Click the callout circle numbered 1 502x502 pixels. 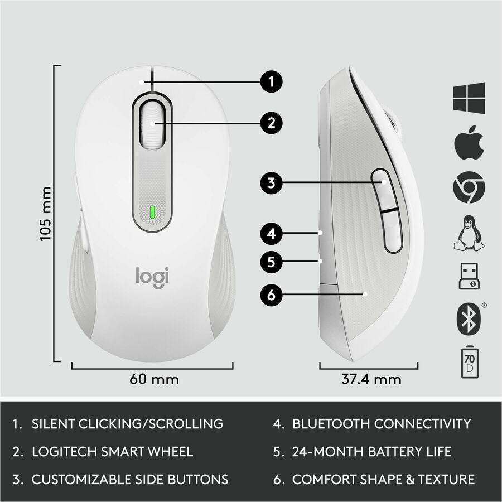tap(271, 83)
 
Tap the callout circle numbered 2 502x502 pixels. tap(271, 123)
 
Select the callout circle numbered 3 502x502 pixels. tap(271, 183)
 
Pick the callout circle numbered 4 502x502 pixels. tap(271, 233)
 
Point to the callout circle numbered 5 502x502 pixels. tap(271, 262)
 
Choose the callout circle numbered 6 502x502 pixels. tap(271, 295)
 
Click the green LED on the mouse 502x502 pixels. tap(152, 212)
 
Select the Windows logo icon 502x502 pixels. tap(469, 98)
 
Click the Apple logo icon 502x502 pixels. tap(469, 142)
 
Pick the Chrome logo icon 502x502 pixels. tap(469, 187)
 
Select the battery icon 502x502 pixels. tap(469, 363)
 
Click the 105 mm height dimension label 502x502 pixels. tap(46, 214)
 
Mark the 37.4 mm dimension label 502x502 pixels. tap(371, 379)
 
